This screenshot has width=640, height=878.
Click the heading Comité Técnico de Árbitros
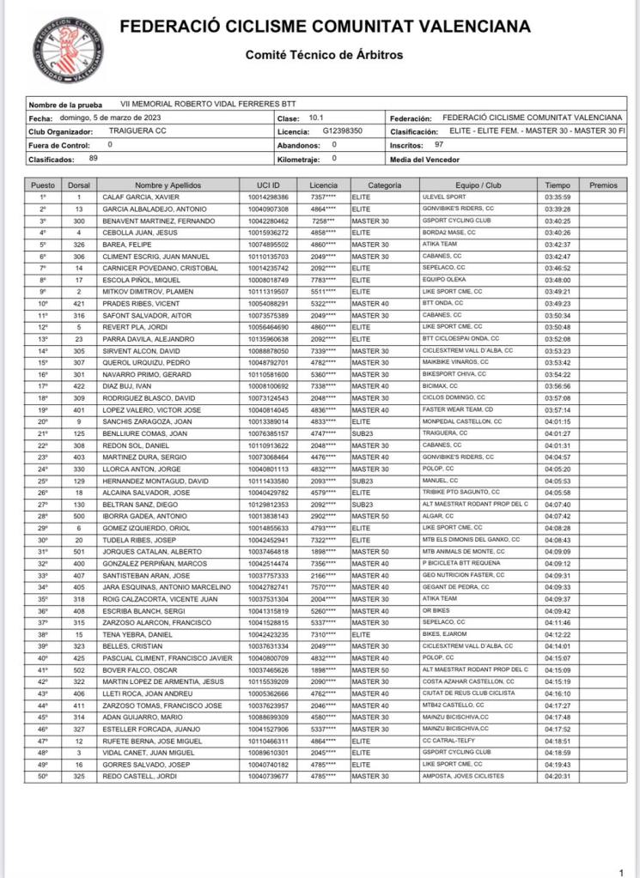point(324,55)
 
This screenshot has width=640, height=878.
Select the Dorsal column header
point(78,185)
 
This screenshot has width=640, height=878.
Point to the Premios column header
point(603,185)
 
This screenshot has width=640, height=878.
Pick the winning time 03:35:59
point(558,197)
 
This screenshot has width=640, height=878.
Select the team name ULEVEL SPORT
point(442,197)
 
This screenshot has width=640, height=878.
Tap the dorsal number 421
point(78,303)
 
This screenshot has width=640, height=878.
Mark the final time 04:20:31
point(558,776)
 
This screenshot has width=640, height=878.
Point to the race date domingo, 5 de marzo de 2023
point(108,118)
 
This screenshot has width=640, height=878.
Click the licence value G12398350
point(343,131)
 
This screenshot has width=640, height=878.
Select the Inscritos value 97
point(439,145)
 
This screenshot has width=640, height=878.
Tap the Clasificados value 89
point(93,159)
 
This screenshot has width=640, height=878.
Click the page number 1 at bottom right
point(620,869)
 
